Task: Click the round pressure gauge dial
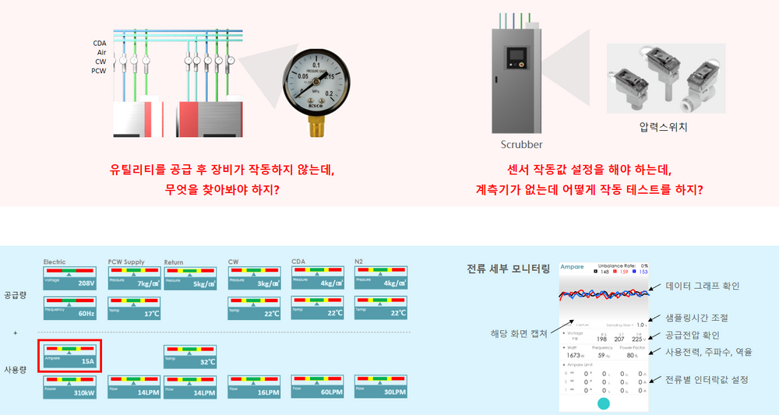[315, 83]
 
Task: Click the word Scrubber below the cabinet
[521, 144]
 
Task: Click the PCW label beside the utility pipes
[98, 71]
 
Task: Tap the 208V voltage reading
[85, 285]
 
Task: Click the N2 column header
[360, 262]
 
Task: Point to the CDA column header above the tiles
[298, 262]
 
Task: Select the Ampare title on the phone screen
[572, 266]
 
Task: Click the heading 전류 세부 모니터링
[508, 269]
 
